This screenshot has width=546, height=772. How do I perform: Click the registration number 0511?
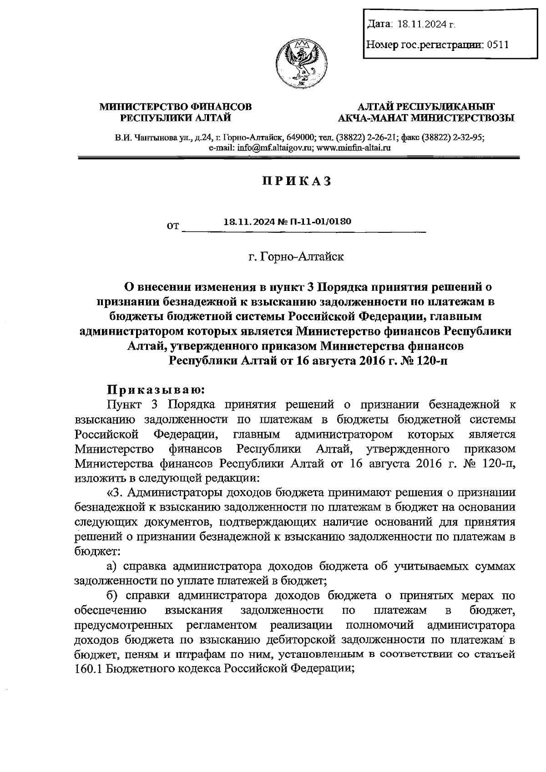[x=497, y=45]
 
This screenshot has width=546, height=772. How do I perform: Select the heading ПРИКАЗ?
[x=295, y=181]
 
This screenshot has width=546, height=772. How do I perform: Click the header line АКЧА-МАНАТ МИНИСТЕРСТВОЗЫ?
[x=426, y=119]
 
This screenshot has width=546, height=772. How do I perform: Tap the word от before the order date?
[x=173, y=227]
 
